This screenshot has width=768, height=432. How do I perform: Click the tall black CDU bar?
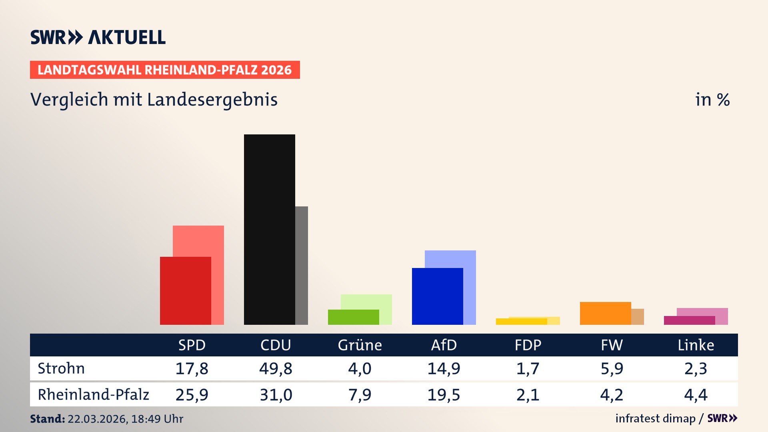tap(269, 229)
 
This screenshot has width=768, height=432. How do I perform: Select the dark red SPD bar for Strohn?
tap(185, 291)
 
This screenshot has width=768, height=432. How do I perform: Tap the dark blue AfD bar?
tap(437, 296)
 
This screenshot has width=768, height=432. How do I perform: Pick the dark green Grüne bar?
tap(353, 317)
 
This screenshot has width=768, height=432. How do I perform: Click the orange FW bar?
tap(605, 313)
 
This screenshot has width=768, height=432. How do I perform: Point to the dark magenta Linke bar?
tap(689, 320)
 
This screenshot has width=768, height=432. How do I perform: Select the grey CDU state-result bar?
tap(302, 265)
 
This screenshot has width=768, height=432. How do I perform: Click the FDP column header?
tap(528, 345)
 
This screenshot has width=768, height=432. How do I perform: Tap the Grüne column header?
tap(360, 345)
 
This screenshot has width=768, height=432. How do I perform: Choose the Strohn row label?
tap(61, 368)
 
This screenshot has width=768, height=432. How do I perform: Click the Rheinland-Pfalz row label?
tap(93, 395)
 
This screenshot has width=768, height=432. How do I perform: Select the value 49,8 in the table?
tap(276, 368)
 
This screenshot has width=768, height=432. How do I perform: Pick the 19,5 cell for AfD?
tap(444, 395)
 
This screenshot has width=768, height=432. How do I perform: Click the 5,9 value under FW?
tap(612, 368)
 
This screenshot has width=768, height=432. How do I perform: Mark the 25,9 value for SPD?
tap(192, 395)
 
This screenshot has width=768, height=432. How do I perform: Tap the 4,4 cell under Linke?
tap(696, 395)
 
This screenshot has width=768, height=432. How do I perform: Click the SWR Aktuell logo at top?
tap(98, 37)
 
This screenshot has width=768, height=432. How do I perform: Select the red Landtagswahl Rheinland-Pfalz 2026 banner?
tap(165, 70)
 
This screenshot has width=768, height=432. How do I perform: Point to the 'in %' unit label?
tap(712, 100)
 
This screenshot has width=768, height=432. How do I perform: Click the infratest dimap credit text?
tap(655, 418)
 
